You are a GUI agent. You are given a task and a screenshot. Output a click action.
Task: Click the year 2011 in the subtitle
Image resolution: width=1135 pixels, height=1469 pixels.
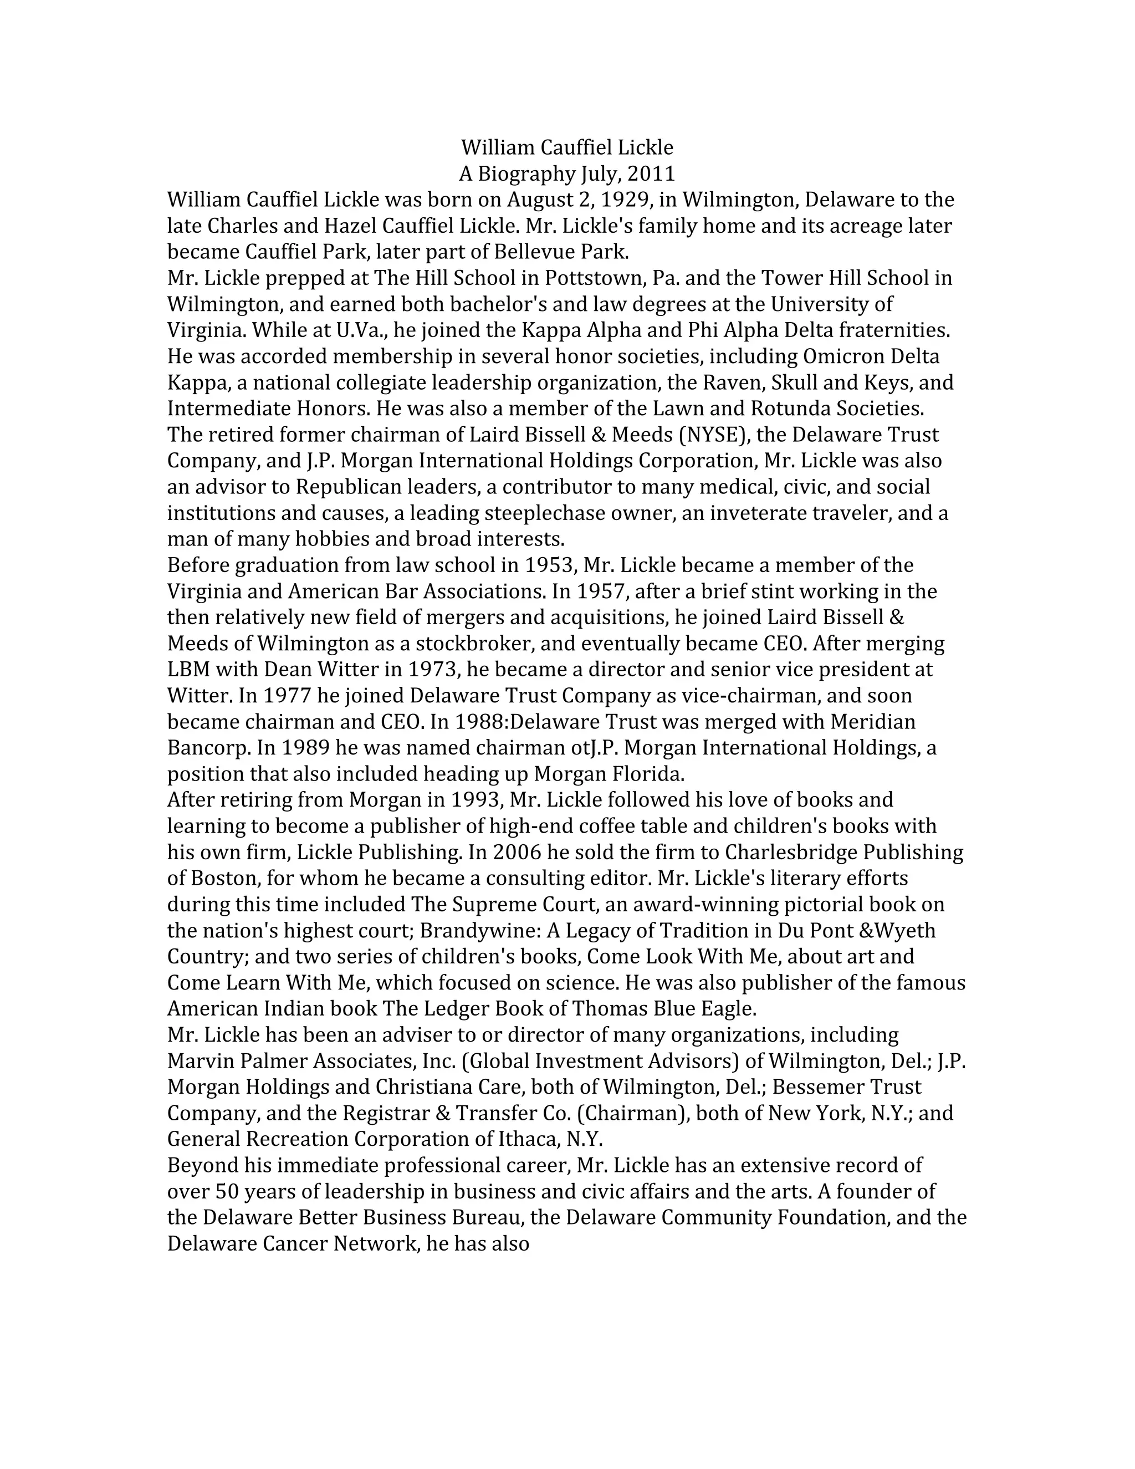click(651, 174)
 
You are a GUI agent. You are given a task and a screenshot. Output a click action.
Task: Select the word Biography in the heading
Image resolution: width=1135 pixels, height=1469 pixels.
click(526, 174)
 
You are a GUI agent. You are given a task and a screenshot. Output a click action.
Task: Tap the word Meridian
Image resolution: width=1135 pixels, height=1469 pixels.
click(873, 722)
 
